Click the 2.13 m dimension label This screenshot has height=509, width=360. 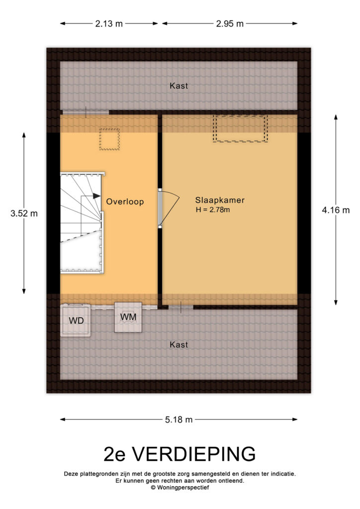(x=109, y=24)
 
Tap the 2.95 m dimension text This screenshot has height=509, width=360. (x=230, y=24)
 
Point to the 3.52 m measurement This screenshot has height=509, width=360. (x=24, y=213)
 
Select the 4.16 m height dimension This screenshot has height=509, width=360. (x=336, y=210)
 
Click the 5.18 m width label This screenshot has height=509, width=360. (x=179, y=420)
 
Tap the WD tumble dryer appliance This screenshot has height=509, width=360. (x=76, y=320)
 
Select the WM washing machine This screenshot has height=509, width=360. (x=128, y=317)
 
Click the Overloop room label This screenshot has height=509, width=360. (x=125, y=202)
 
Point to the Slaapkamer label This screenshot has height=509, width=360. (x=220, y=200)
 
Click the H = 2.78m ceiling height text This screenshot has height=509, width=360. (x=213, y=210)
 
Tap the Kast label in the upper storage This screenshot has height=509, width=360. (x=179, y=85)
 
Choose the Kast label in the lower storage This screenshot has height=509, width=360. (x=179, y=344)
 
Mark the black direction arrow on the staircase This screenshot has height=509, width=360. (x=96, y=196)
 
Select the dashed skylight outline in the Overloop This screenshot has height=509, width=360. (x=109, y=139)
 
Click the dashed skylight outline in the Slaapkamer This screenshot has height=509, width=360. (x=240, y=129)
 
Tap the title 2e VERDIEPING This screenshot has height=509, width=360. (x=180, y=454)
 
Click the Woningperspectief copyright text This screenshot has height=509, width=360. (x=180, y=487)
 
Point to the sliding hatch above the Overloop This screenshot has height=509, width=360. (x=86, y=112)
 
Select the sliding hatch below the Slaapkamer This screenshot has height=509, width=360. (x=181, y=307)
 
